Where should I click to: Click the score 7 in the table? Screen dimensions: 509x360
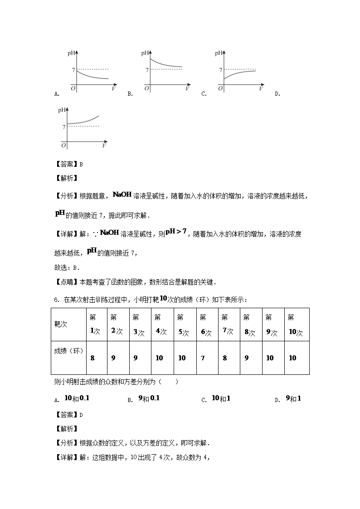(203, 358)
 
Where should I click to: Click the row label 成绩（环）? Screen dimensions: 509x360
(68, 351)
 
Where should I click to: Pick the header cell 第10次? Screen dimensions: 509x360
(296, 325)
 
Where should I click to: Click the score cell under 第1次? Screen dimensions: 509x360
(92, 358)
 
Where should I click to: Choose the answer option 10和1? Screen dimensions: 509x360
(221, 398)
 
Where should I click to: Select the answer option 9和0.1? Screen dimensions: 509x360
(149, 398)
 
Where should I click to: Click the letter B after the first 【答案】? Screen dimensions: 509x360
(81, 165)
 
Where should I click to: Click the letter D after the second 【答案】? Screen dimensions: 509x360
(81, 415)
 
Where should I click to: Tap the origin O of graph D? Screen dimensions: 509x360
(64, 145)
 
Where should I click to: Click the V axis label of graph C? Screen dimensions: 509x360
(261, 89)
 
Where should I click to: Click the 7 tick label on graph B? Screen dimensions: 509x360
(147, 70)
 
